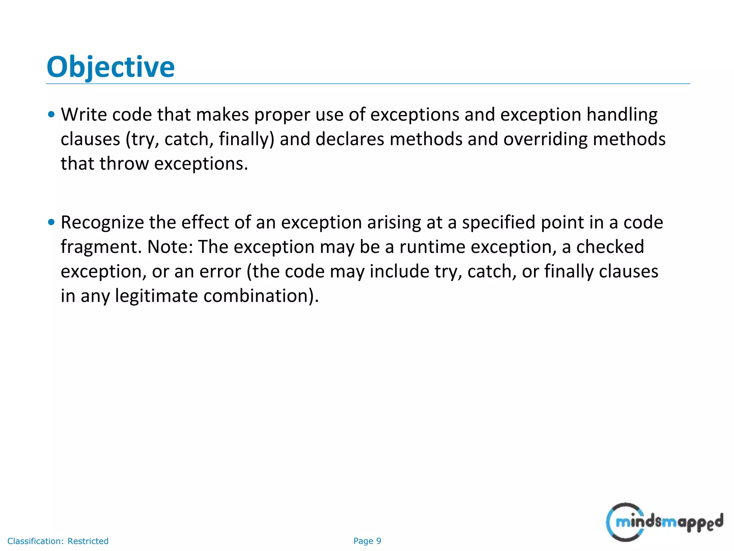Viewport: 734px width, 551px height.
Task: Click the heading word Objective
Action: click(x=110, y=67)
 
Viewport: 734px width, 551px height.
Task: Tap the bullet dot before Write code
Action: click(x=51, y=115)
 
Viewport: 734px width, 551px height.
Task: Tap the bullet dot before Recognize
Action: click(x=51, y=222)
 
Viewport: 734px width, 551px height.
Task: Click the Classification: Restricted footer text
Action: click(x=58, y=541)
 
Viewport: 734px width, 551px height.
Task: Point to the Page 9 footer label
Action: click(x=367, y=541)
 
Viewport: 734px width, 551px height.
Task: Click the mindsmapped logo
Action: click(x=664, y=522)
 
